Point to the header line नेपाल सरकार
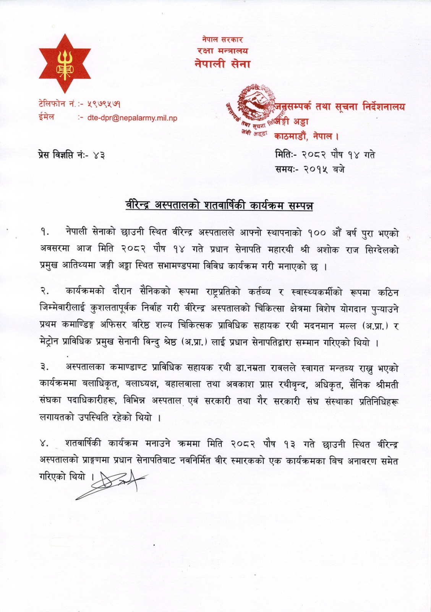[x=222, y=39]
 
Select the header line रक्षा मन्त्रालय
[x=222, y=50]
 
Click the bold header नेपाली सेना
[x=222, y=64]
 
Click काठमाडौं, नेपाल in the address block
[x=306, y=136]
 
